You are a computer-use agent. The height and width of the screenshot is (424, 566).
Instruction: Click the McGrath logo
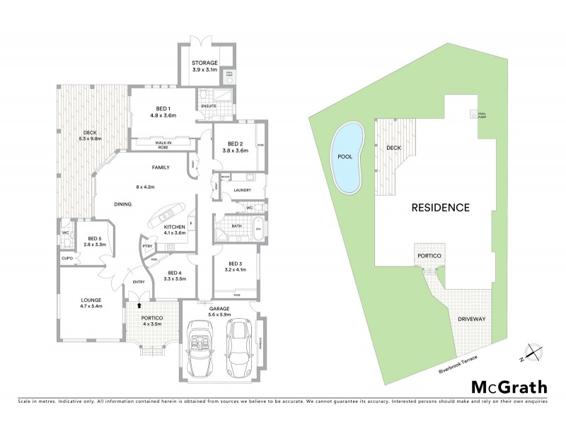tap(509, 387)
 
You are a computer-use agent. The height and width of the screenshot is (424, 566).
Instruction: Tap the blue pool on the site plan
tap(347, 157)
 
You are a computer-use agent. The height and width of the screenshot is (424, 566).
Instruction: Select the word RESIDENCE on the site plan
tap(441, 208)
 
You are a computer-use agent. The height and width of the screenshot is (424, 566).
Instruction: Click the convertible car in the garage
tap(202, 347)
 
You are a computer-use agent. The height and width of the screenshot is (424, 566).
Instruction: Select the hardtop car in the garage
tap(239, 347)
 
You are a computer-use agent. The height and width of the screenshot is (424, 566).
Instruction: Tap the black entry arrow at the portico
tap(139, 306)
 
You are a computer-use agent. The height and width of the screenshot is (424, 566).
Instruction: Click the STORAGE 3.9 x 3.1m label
tap(205, 66)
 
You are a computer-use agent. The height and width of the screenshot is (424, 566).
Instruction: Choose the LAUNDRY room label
tap(242, 189)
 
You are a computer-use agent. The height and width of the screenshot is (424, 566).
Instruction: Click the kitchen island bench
tap(168, 215)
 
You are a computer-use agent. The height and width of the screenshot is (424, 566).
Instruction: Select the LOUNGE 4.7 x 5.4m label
tap(92, 304)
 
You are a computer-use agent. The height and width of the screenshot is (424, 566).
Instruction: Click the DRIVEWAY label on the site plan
tap(471, 319)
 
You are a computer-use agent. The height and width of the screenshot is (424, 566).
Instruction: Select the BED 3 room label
tap(234, 265)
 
